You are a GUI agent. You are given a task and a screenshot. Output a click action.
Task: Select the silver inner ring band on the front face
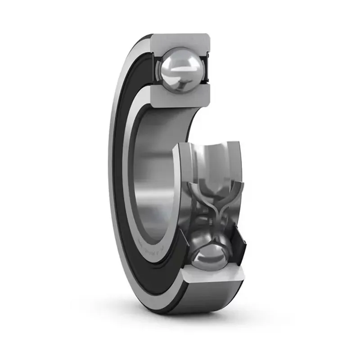pyautogui.click(x=135, y=189)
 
